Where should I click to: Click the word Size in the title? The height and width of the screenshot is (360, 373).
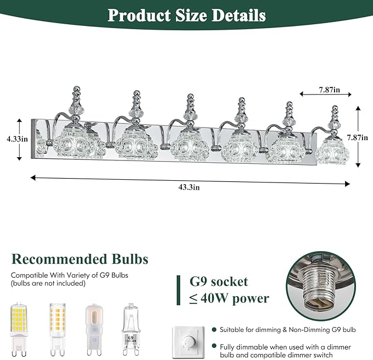point(191,15)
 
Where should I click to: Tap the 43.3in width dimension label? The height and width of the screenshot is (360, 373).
point(189,187)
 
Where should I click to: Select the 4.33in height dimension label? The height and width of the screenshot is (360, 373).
point(18,139)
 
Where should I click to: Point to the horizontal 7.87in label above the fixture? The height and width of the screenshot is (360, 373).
point(330,90)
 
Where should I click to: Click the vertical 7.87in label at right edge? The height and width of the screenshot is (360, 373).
point(357,137)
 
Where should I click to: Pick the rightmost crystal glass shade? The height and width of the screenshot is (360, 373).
point(332,151)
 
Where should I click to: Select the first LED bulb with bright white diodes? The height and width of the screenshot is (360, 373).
point(19,330)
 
